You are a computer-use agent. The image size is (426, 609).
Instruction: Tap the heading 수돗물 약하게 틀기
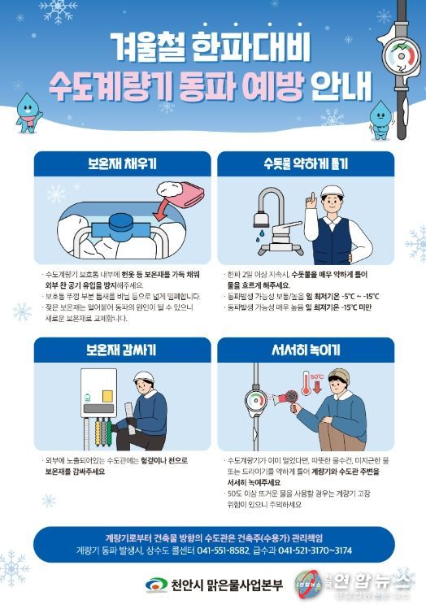pyautogui.click(x=306, y=163)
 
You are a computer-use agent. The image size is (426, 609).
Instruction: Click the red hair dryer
pyautogui.click(x=289, y=400)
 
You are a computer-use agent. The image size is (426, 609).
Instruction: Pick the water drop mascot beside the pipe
pyautogui.click(x=380, y=118)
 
